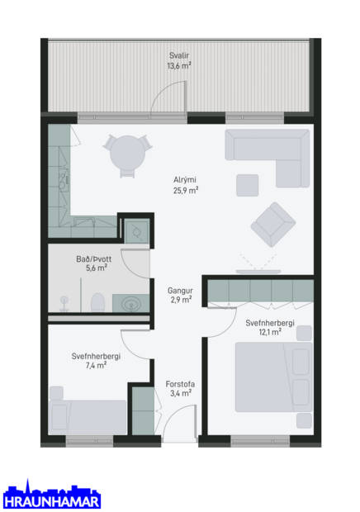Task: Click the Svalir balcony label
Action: pos(179,56)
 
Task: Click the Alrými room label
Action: pos(184,180)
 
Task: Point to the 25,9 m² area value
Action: pos(185,190)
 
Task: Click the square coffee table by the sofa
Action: pos(248,183)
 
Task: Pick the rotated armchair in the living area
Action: pos(273,224)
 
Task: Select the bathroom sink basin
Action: pos(130,304)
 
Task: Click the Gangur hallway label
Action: pos(181,291)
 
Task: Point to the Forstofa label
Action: pos(179,384)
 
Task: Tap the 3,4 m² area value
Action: pos(180,394)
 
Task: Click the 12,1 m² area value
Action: pos(269,332)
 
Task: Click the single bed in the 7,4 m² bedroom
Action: pos(88,416)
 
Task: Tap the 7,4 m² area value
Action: pos(97,365)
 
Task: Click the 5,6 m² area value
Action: pos(97,268)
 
